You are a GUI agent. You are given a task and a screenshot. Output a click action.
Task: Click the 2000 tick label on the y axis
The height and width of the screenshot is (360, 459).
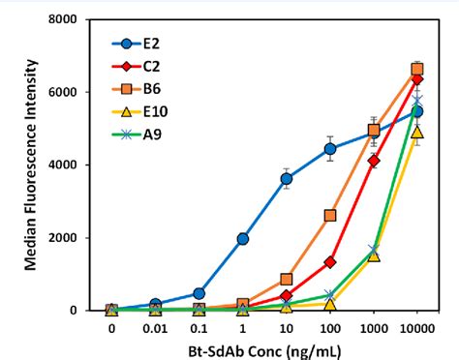point(81,238)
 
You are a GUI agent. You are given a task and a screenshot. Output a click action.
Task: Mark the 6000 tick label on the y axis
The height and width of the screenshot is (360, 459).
point(81,92)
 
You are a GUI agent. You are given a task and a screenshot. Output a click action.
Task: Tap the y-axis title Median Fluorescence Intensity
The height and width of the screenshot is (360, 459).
point(34,165)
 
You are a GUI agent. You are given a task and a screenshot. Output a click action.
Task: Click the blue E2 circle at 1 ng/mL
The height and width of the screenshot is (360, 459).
point(242,238)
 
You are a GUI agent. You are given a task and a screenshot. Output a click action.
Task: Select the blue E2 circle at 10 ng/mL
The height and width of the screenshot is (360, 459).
point(287,179)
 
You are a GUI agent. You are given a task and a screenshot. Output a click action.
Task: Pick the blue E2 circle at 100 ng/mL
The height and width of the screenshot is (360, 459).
point(330,149)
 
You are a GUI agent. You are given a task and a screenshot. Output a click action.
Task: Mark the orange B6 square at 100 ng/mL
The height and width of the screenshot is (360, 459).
point(330,215)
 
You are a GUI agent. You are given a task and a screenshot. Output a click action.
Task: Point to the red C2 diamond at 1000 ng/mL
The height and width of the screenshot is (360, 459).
point(374,161)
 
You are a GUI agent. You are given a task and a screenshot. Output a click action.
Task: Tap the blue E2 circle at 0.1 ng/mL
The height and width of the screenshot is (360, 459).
point(199,293)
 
